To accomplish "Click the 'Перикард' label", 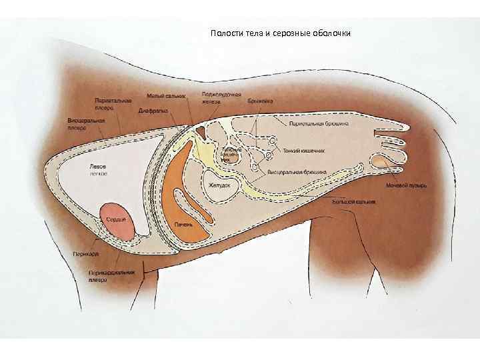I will tap(85, 254).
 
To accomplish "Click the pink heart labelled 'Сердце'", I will tap(118, 221).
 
